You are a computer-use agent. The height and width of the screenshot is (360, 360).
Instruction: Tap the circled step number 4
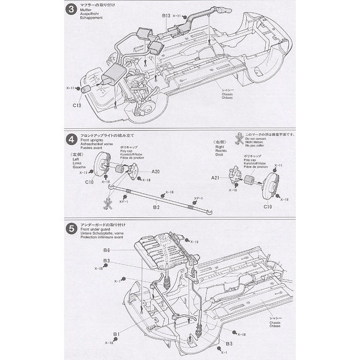coord(71,140)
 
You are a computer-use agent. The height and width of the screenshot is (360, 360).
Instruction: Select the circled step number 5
coord(71,228)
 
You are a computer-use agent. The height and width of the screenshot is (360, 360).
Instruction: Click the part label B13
coord(166,15)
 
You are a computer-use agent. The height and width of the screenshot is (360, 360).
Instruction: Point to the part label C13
coord(76,105)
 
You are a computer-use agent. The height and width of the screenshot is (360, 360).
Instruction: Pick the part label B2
coord(156,206)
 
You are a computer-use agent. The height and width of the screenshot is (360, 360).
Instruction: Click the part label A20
coord(155,172)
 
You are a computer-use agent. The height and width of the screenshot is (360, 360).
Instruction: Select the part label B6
coord(107,250)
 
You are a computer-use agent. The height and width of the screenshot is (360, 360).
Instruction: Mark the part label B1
coord(116,333)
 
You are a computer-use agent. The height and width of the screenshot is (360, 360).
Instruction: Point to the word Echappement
coord(92,18)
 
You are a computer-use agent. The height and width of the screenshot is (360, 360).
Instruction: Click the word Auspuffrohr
coord(91,14)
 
